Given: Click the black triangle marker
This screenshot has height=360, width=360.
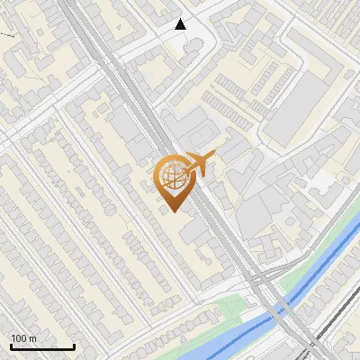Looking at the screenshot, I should click(181, 24).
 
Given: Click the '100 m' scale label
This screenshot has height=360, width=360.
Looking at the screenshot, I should click(23, 338).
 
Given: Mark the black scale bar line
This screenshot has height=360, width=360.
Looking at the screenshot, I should click(42, 346).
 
